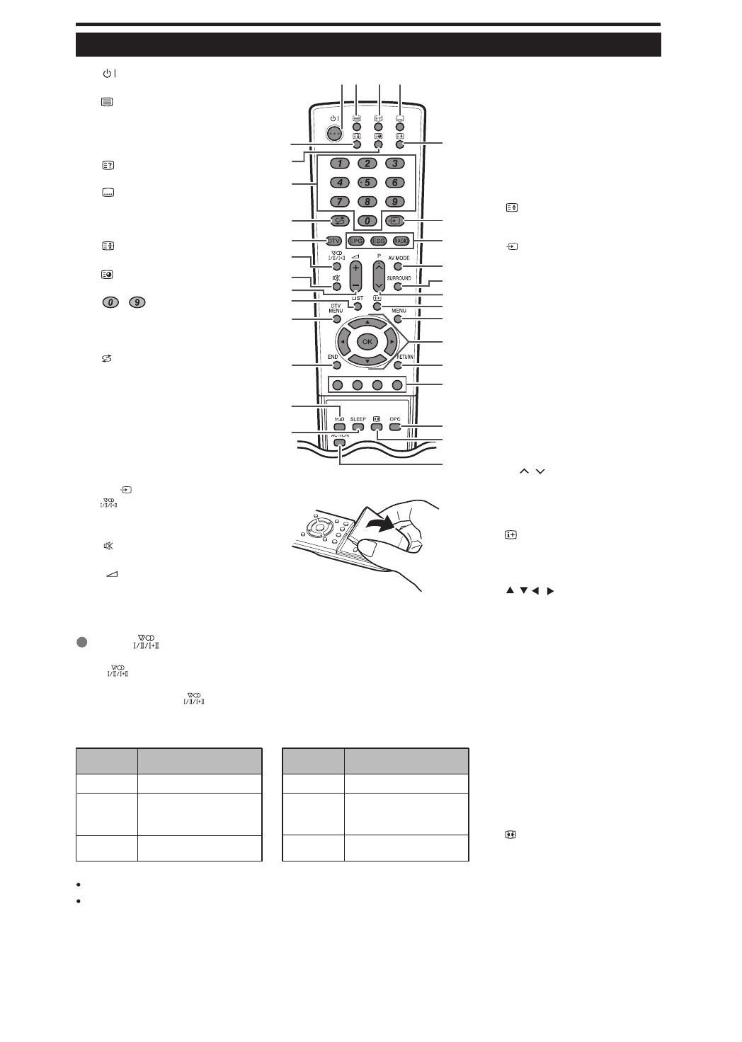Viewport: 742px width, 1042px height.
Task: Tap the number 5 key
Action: click(367, 183)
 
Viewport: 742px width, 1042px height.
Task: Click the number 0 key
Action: click(367, 220)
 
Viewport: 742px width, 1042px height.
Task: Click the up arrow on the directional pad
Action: click(367, 322)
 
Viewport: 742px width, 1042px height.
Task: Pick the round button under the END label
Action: click(336, 366)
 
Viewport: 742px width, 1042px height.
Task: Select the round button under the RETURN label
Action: click(398, 366)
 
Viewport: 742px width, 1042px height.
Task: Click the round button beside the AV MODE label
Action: click(398, 267)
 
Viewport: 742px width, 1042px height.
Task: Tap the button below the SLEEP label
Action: click(358, 427)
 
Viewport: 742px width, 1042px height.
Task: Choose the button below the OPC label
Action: click(395, 427)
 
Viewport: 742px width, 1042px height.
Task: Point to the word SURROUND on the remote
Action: click(399, 278)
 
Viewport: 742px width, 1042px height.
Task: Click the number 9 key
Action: click(394, 202)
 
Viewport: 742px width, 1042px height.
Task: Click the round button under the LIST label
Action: click(358, 307)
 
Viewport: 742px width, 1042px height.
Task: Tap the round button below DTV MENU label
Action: click(336, 319)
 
